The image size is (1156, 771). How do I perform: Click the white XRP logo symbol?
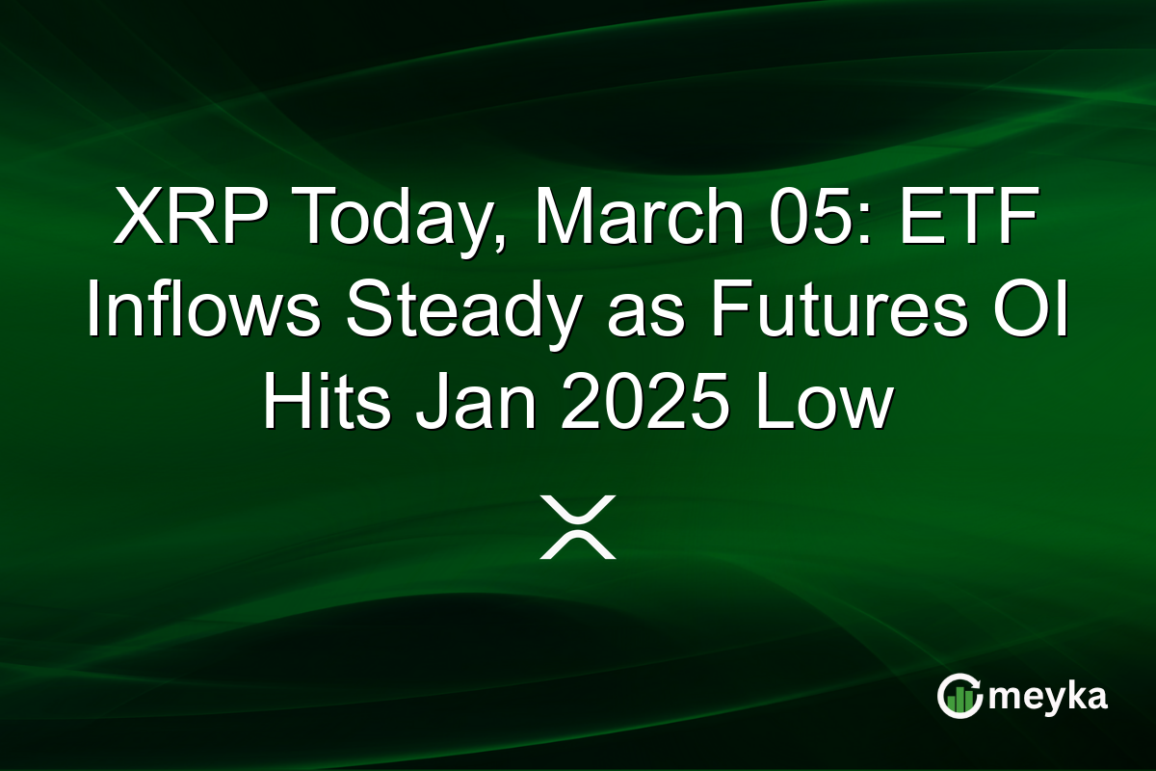(578, 527)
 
